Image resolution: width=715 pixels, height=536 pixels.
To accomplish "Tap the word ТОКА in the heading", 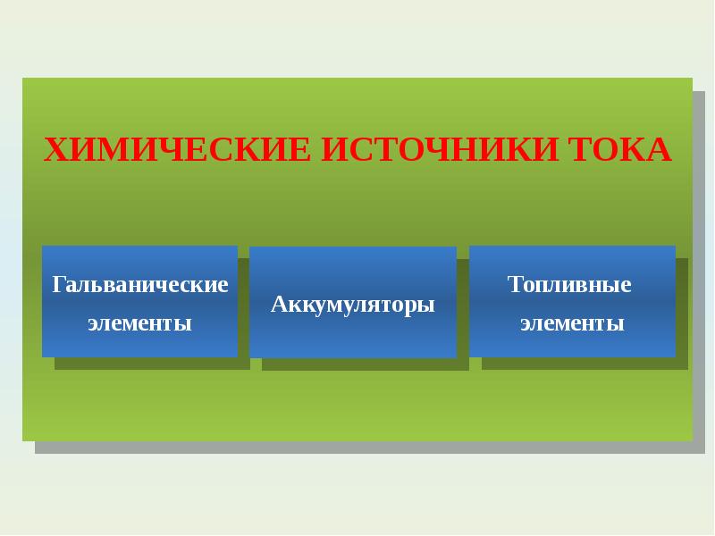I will (x=618, y=150).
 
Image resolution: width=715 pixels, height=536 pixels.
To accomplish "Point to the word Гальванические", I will (x=140, y=285).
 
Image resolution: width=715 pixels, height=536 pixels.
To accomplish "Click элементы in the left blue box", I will (x=139, y=322).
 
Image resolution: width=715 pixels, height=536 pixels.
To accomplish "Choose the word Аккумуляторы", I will (x=352, y=305).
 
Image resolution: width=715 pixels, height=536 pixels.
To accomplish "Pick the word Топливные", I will (x=569, y=285).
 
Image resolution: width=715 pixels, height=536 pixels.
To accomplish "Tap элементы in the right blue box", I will (x=572, y=322).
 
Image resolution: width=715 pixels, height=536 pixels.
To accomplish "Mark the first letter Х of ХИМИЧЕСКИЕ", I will (x=55, y=150).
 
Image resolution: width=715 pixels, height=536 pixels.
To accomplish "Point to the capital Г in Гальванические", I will (x=58, y=285).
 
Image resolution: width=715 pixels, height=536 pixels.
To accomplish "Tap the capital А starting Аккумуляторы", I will (x=277, y=305).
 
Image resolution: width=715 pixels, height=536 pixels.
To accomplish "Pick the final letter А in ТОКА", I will (x=659, y=150).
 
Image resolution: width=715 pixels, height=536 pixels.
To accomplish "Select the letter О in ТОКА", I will (x=599, y=150).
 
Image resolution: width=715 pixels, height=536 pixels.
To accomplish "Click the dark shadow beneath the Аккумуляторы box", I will (x=366, y=364).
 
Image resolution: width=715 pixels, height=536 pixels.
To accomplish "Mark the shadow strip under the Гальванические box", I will (x=152, y=364).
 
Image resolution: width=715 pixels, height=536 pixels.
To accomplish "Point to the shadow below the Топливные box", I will (x=585, y=364).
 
